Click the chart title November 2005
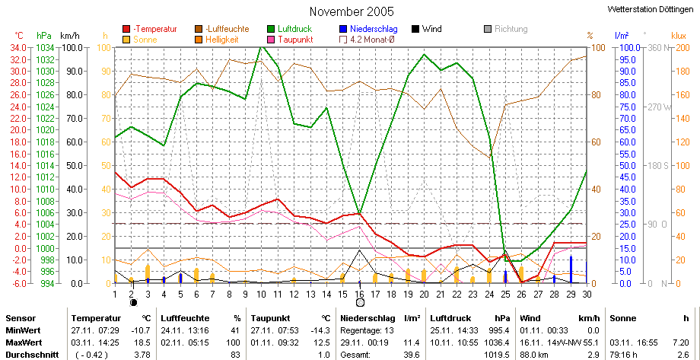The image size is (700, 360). [x=345, y=11]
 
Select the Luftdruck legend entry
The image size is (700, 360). [x=290, y=29]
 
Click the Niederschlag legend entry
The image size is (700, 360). [x=368, y=29]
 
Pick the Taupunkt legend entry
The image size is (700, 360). [x=291, y=40]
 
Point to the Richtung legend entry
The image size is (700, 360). [x=506, y=29]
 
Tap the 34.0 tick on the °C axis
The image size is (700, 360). [x=21, y=47]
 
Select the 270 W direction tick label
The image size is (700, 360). [x=659, y=107]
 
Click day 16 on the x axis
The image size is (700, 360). [x=360, y=294]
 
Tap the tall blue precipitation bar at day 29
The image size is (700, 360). [x=571, y=269]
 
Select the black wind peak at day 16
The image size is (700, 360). [x=359, y=250]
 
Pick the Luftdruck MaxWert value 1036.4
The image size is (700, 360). [x=499, y=343]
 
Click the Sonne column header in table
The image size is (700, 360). [x=620, y=318]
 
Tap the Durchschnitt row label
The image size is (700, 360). [x=32, y=355]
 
